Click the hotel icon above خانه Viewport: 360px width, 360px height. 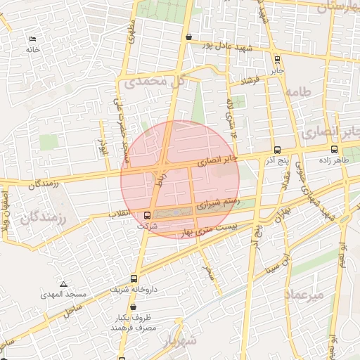(x=32, y=38)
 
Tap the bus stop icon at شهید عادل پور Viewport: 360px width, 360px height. (x=188, y=37)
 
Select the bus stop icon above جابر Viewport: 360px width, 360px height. (x=278, y=59)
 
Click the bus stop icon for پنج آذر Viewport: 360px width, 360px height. (x=277, y=150)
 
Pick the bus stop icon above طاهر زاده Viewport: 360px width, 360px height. (x=334, y=149)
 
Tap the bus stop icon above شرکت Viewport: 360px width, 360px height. (x=147, y=215)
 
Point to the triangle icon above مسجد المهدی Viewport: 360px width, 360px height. (x=63, y=284)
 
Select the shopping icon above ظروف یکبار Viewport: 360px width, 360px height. (x=133, y=307)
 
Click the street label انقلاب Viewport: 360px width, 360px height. (x=120, y=212)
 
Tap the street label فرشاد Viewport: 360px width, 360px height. (x=250, y=81)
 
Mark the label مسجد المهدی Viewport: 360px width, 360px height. (x=63, y=295)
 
